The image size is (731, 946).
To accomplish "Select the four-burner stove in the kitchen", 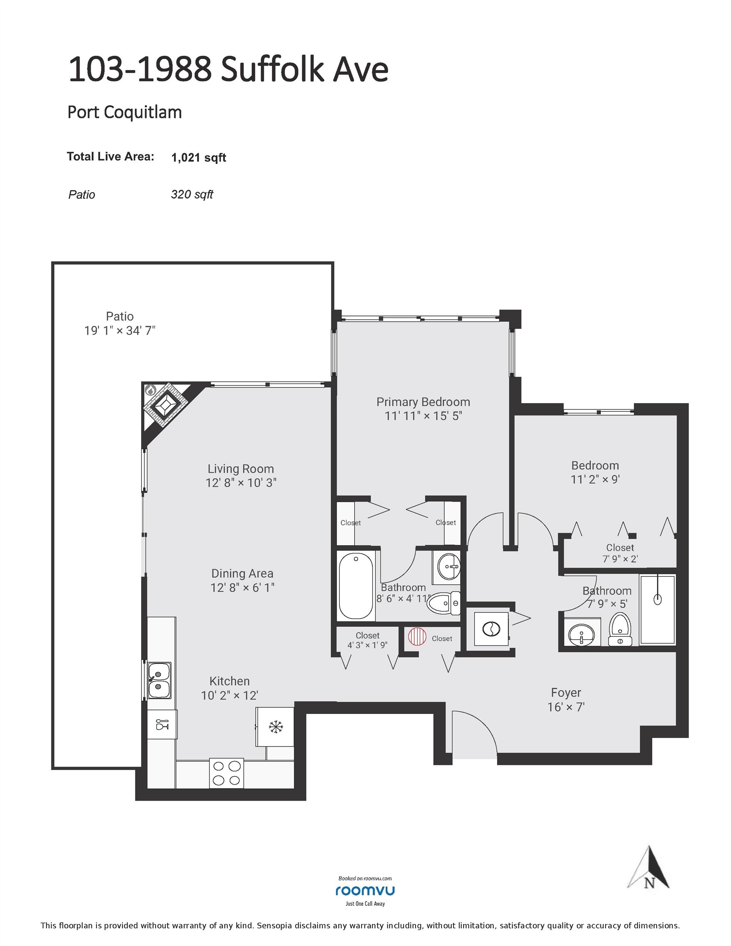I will point(227,773).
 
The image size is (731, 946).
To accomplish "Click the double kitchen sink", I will point(159,680).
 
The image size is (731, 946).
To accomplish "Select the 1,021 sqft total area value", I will point(199,158).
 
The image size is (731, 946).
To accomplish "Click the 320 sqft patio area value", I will point(192,195).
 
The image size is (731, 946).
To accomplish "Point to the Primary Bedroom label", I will point(423,402).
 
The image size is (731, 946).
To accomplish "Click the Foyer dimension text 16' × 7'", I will point(566,707).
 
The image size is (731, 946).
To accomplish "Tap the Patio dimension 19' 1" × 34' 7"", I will point(119,331).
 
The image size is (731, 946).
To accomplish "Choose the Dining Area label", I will point(242,574).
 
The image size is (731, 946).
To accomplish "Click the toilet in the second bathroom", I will point(620,630).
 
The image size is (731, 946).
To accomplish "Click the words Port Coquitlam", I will point(125,113).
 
